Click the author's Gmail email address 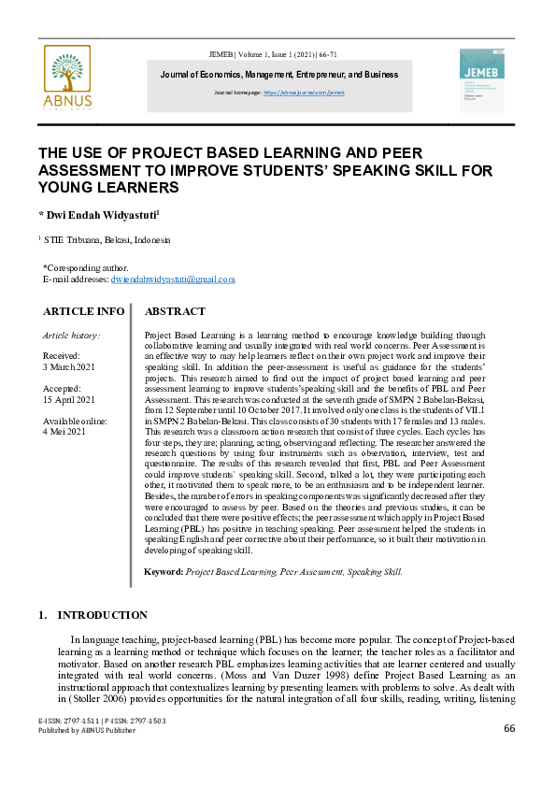click(173, 279)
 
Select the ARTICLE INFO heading click(83, 311)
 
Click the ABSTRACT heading click(175, 311)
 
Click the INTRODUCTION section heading click(102, 615)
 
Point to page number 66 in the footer click(509, 729)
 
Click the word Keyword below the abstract click(163, 571)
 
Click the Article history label click(72, 335)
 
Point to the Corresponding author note click(85, 267)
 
